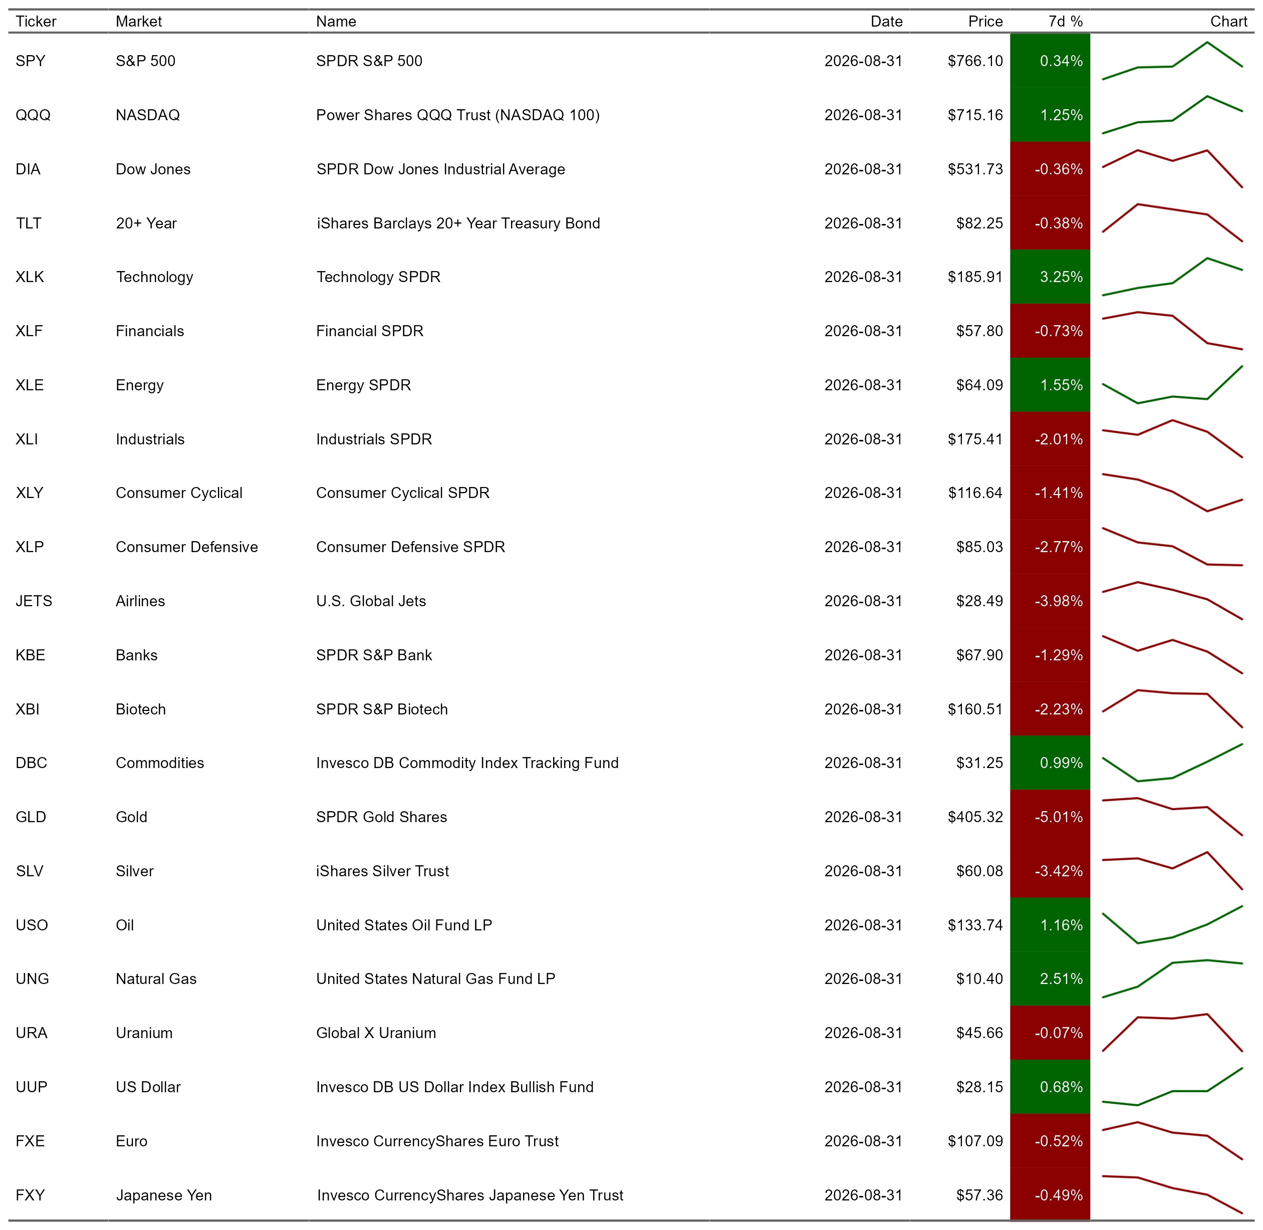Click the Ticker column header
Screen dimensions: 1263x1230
(x=36, y=22)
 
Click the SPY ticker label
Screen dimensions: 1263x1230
(x=31, y=61)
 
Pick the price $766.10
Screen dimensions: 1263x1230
(x=975, y=61)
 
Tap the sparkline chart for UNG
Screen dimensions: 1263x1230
(x=1172, y=978)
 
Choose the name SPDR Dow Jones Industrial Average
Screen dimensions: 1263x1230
(x=440, y=169)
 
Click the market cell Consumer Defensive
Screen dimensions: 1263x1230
(x=187, y=547)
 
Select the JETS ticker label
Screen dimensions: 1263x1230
(x=34, y=601)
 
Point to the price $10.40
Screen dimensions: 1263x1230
(x=979, y=978)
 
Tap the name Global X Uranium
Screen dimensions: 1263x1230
(x=376, y=1033)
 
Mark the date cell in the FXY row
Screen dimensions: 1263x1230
(x=863, y=1195)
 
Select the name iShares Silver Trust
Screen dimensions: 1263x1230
(x=382, y=871)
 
